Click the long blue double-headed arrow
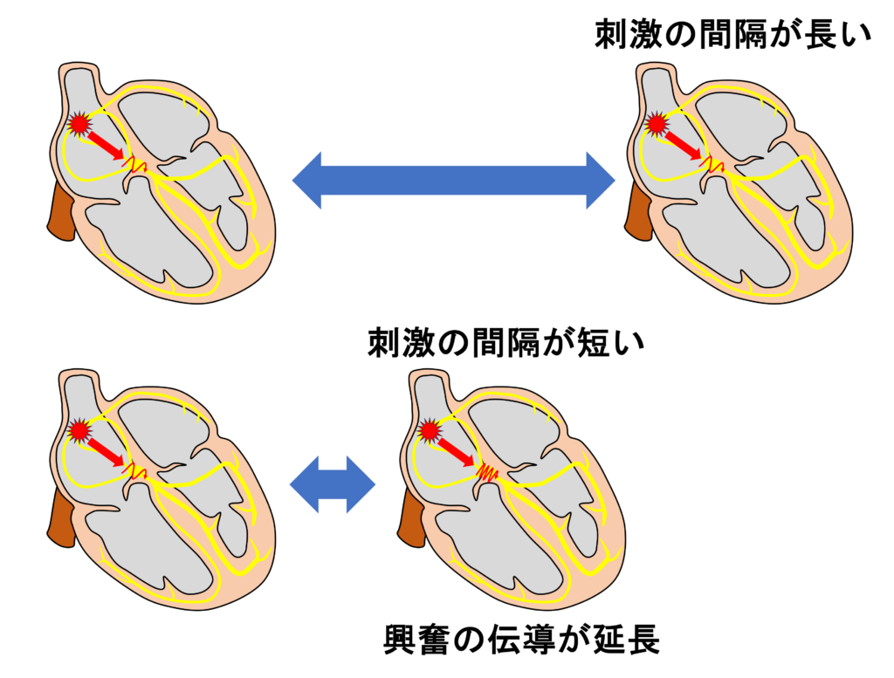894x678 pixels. click(x=453, y=180)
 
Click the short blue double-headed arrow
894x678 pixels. click(x=331, y=484)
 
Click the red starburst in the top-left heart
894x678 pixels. click(x=79, y=124)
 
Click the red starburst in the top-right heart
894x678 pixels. click(x=657, y=124)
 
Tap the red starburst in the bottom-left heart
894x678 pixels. click(x=79, y=429)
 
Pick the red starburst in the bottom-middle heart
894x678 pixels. click(x=429, y=429)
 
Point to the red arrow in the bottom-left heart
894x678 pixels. click(x=107, y=449)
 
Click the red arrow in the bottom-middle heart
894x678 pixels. click(x=456, y=449)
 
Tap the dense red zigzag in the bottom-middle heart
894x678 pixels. click(x=486, y=473)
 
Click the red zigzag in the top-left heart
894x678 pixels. click(x=134, y=163)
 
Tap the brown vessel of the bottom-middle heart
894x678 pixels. click(x=410, y=517)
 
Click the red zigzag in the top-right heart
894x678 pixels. click(x=712, y=163)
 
